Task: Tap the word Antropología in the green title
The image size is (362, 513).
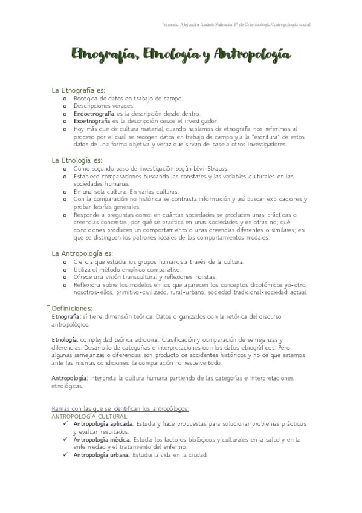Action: tap(253, 56)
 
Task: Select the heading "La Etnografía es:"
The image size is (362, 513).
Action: tap(79, 90)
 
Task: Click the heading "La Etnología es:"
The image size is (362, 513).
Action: tap(76, 160)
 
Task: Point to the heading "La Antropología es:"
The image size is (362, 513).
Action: tap(82, 253)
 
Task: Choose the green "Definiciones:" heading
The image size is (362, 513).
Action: tap(72, 309)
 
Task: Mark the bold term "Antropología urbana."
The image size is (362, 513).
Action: tap(102, 454)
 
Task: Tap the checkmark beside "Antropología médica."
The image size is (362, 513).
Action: tap(65, 439)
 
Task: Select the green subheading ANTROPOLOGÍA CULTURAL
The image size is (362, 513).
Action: tap(89, 417)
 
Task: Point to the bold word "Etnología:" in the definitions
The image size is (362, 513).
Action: tap(65, 341)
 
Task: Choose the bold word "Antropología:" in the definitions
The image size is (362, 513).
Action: tap(69, 377)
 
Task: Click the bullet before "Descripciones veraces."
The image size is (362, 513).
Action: tap(65, 105)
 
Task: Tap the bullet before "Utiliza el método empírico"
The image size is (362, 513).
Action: tap(65, 269)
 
